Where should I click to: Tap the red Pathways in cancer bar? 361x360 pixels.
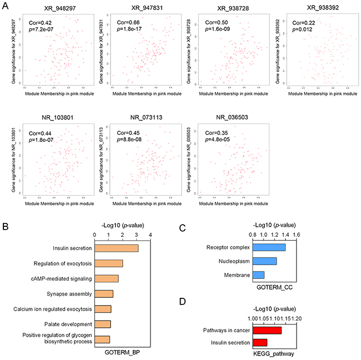tap(267, 330)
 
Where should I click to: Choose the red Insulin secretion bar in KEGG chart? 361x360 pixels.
tap(260, 342)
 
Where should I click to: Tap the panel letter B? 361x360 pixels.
tap(5, 211)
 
